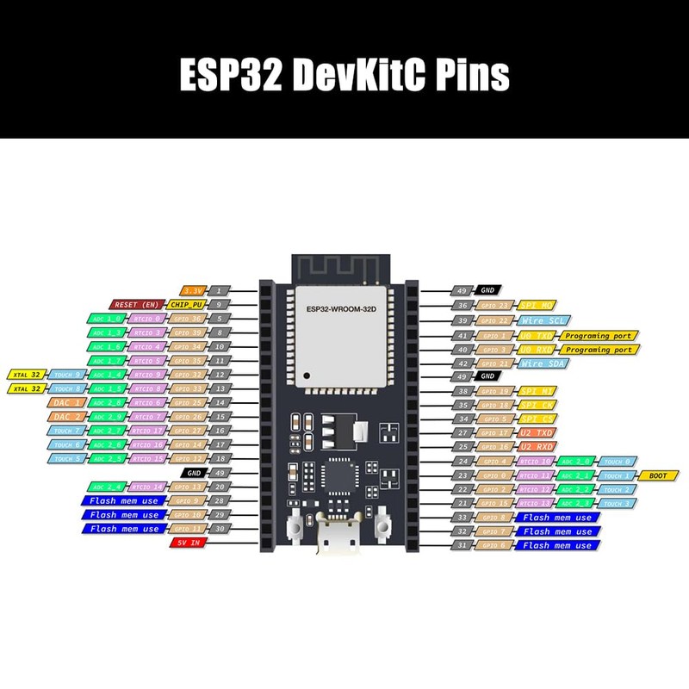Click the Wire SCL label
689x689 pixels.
pyautogui.click(x=539, y=320)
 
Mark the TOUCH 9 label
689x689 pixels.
pyautogui.click(x=66, y=375)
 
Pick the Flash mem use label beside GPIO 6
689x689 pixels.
pyautogui.click(x=557, y=544)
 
